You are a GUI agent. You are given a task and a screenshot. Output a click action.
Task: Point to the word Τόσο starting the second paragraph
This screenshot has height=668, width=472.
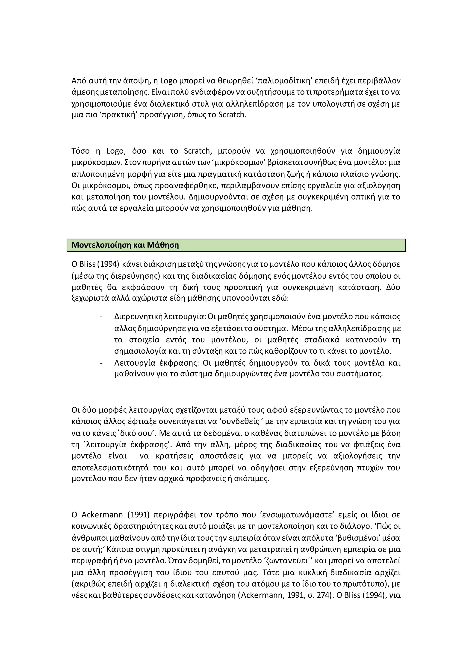pos(80,151)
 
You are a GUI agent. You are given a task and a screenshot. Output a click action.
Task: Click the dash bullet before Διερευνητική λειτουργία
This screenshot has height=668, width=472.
pos(101,316)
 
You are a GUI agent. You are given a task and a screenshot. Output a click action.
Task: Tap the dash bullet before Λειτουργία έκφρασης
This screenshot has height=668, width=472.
pos(101,363)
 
